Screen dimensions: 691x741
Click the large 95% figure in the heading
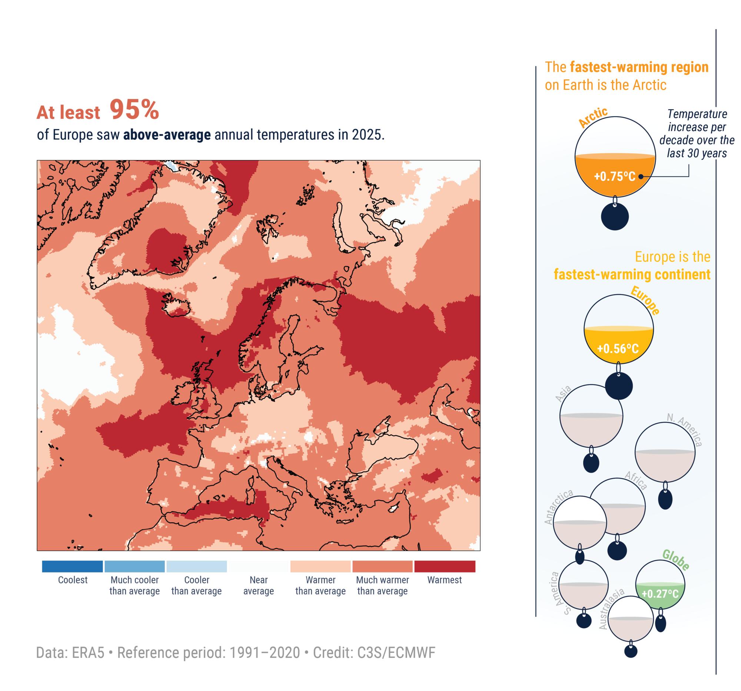(x=134, y=110)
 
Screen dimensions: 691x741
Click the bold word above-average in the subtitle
(x=167, y=134)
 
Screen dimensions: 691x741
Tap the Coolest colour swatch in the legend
(x=72, y=566)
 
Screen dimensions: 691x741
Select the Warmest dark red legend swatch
(x=444, y=566)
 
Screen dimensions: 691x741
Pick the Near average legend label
(x=258, y=585)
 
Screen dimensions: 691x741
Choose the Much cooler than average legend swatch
(x=134, y=566)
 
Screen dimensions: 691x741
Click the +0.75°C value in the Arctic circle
(x=614, y=176)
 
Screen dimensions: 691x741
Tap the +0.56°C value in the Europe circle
(x=618, y=349)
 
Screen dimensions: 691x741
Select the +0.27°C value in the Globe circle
(x=659, y=593)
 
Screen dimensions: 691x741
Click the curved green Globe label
(x=675, y=560)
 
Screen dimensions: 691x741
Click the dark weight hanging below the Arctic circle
(x=615, y=216)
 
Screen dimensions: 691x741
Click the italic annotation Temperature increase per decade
(x=696, y=133)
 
